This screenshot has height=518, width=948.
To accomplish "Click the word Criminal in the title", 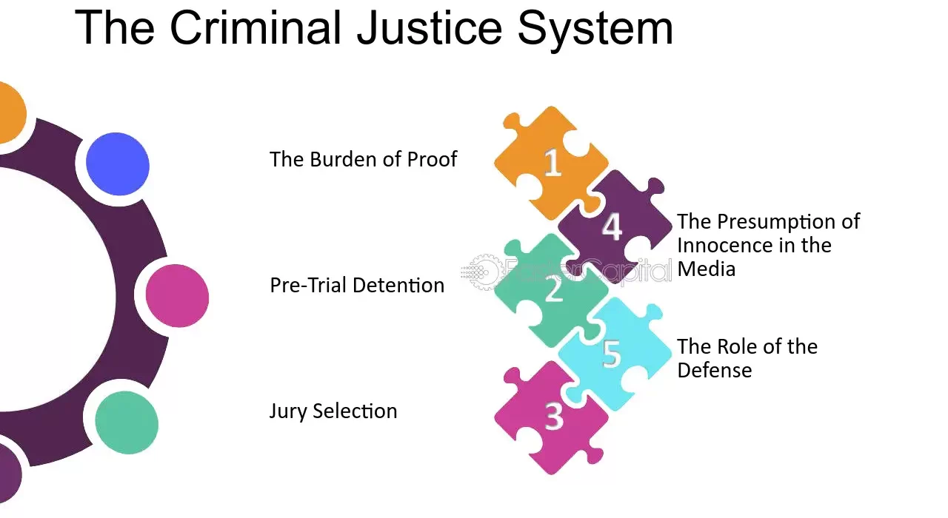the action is pyautogui.click(x=256, y=28).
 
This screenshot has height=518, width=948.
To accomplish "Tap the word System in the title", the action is pyautogui.click(x=595, y=30).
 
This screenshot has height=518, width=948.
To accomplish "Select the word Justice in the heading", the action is pyautogui.click(x=430, y=28).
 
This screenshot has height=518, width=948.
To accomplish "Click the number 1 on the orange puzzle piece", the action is pyautogui.click(x=553, y=162).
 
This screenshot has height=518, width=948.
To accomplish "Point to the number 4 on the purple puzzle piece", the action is pyautogui.click(x=612, y=226).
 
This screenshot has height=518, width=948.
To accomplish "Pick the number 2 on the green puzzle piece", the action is pyautogui.click(x=554, y=289).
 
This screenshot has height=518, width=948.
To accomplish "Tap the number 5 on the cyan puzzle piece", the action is pyautogui.click(x=612, y=353).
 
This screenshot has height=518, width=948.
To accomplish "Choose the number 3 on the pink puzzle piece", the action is pyautogui.click(x=554, y=416).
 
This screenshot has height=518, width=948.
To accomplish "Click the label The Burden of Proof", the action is pyautogui.click(x=363, y=159).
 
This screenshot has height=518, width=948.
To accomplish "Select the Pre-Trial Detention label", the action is pyautogui.click(x=357, y=285).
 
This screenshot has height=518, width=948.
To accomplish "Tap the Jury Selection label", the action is pyautogui.click(x=333, y=411).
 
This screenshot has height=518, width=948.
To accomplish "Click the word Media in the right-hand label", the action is pyautogui.click(x=706, y=269).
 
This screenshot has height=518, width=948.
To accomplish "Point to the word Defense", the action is pyautogui.click(x=715, y=371).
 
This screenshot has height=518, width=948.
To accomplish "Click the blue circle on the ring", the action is pyautogui.click(x=118, y=164).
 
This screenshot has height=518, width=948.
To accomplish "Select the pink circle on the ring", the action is pyautogui.click(x=177, y=295).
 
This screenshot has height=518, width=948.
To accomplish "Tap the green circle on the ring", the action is pyautogui.click(x=127, y=423).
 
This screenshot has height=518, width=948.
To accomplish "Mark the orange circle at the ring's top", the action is pyautogui.click(x=8, y=112).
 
